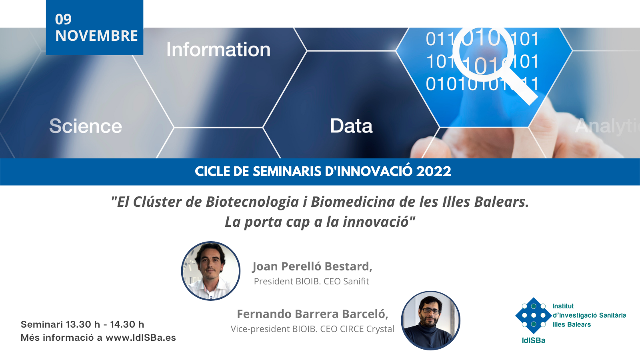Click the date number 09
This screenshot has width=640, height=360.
click(x=63, y=20)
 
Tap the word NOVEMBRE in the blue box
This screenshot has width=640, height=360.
click(x=96, y=36)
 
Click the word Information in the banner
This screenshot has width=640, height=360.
click(x=218, y=50)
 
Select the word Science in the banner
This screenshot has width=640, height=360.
click(x=86, y=126)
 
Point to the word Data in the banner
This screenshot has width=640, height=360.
click(x=352, y=126)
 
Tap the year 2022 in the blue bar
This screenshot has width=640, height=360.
click(x=434, y=172)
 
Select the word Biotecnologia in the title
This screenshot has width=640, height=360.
click(x=252, y=202)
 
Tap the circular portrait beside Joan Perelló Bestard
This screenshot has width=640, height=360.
click(x=211, y=271)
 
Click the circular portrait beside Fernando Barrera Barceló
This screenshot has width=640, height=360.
click(x=430, y=320)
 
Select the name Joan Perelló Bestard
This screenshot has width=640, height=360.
click(x=312, y=266)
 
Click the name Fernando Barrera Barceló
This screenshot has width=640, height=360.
click(x=312, y=314)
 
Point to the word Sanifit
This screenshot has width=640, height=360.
click(x=356, y=282)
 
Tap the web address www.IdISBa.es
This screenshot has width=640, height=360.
click(x=141, y=338)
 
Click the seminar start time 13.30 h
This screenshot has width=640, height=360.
click(x=83, y=324)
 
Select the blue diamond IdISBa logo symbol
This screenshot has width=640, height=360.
click(x=534, y=316)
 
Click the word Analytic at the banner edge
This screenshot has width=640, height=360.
click(x=607, y=126)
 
